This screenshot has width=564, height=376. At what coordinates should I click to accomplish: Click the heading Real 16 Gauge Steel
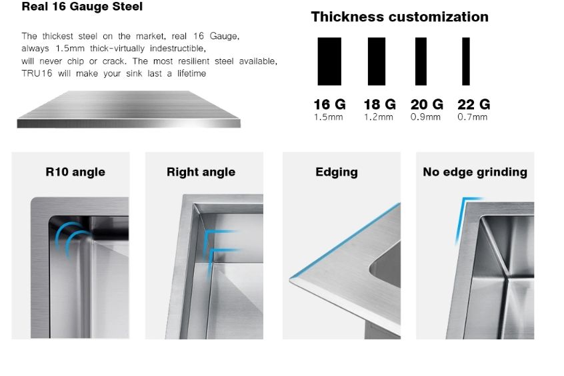pos(82,7)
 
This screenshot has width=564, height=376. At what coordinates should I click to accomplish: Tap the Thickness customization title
pos(399,17)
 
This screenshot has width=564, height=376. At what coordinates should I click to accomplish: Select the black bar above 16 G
pos(329,61)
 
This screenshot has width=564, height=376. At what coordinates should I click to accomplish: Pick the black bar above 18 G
pos(376,61)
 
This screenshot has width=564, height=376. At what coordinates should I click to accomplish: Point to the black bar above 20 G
pos(421,61)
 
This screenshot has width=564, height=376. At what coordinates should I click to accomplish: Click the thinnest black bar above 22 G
pos(466,61)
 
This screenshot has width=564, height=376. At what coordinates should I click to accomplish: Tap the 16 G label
pos(329,104)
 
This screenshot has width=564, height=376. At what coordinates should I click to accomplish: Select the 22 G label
pos(474,104)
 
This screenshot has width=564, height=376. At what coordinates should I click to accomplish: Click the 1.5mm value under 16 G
pos(329,117)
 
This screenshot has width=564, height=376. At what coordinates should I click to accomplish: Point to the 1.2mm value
pos(379,117)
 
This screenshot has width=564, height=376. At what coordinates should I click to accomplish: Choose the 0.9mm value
pos(425,117)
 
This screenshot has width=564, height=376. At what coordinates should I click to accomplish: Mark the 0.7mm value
pos(472,117)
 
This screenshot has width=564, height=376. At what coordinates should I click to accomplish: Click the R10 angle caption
pos(75,172)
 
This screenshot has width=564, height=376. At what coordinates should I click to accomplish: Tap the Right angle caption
pos(201,172)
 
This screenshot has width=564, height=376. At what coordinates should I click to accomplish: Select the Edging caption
pos(337,172)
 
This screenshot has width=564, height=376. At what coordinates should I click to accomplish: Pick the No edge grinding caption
pos(475,172)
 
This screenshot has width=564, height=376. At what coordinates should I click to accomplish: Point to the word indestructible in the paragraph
pos(178,49)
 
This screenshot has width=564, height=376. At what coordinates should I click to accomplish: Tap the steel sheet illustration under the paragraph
pos(129,109)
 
